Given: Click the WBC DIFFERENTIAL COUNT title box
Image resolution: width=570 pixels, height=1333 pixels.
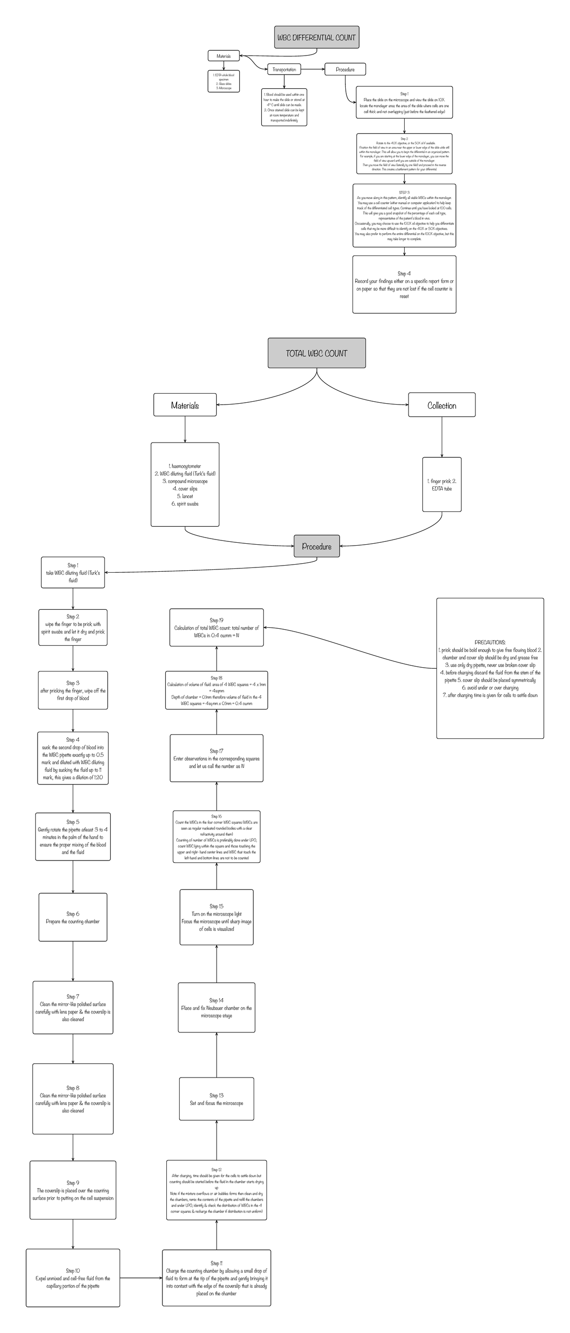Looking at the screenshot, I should click(x=316, y=37).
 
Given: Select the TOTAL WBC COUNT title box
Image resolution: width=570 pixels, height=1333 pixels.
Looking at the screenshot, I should click(x=316, y=353).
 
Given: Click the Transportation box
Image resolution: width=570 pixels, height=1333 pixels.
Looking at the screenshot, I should click(x=284, y=69).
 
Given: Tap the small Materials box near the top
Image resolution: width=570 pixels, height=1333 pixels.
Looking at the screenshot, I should click(x=224, y=56).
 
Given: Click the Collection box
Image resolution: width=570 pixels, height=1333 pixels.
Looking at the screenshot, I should click(x=442, y=405).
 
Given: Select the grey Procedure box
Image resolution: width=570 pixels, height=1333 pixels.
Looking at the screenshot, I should click(x=316, y=546).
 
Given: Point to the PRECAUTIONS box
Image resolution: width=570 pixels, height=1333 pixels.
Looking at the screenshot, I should click(x=490, y=668).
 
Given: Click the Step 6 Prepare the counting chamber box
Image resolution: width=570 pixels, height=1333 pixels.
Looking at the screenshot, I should click(x=73, y=917).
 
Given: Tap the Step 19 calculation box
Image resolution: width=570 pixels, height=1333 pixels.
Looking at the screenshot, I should click(x=217, y=627).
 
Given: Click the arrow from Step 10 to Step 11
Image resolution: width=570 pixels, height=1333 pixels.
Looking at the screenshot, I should click(x=141, y=1277).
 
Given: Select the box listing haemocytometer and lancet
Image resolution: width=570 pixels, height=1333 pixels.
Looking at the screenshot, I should click(x=185, y=484).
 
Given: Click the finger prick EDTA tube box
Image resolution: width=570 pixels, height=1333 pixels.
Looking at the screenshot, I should click(x=442, y=484).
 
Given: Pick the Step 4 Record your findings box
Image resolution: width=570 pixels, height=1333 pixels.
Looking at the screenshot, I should click(x=404, y=284).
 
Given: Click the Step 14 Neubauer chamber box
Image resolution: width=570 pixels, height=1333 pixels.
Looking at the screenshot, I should click(x=217, y=1008).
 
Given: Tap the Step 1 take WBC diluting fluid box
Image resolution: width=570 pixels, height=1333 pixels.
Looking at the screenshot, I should click(x=73, y=572).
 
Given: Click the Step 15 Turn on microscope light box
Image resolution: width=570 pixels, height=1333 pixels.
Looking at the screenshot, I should click(x=217, y=917).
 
